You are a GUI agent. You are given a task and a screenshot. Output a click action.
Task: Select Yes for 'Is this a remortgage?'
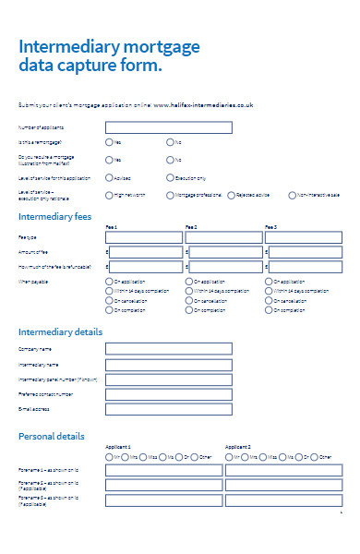110,142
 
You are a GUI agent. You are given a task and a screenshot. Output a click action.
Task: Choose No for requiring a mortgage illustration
170,160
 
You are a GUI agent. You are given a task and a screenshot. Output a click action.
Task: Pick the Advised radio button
110,177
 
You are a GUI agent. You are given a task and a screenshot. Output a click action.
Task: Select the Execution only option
170,177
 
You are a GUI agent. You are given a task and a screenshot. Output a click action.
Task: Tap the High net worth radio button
110,195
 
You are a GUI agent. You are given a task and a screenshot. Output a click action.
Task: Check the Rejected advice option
230,195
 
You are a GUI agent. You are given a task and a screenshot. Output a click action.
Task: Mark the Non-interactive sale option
291,195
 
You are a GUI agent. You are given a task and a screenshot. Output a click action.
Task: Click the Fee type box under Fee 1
145,237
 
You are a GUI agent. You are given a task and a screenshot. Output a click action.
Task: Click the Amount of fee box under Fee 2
225,251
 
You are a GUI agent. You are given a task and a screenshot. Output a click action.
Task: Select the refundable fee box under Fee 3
306,266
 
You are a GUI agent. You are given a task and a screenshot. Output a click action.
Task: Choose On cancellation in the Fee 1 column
110,301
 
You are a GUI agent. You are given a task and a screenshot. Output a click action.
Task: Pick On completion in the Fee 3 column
269,311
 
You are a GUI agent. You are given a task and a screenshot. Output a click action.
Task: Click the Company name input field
162,349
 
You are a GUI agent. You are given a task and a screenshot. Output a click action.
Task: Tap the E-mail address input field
162,409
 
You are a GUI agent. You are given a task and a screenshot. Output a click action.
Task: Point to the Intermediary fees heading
54,217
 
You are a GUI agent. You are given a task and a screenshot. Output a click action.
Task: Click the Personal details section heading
52,436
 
